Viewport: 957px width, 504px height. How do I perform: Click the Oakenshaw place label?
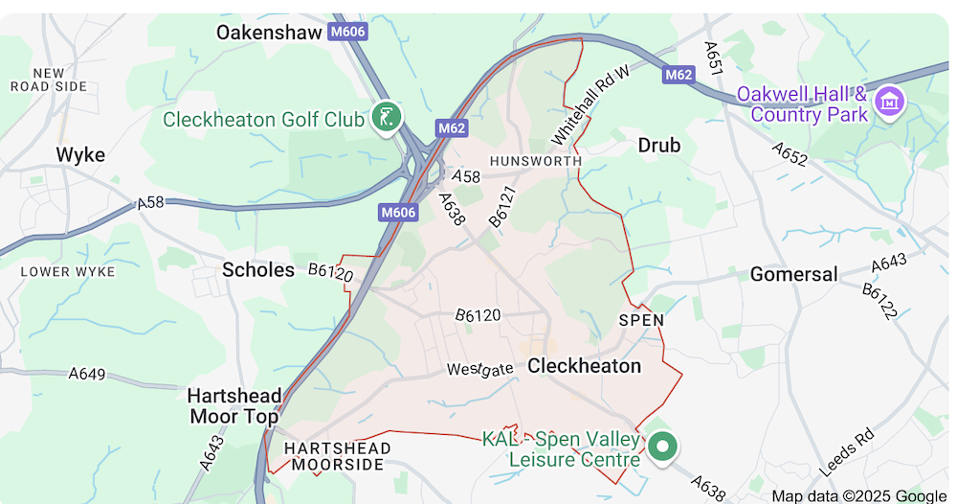[269, 33]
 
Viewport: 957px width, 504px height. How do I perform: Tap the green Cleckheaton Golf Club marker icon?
[387, 118]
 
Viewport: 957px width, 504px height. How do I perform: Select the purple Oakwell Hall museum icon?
[891, 99]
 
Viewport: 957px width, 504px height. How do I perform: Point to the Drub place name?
[658, 146]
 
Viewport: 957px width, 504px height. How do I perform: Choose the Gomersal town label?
[793, 275]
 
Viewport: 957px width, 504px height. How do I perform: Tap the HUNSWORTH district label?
[535, 161]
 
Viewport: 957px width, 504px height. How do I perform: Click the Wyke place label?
[80, 155]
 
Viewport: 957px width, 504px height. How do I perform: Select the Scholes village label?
[258, 270]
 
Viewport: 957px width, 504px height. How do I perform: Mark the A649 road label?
[87, 374]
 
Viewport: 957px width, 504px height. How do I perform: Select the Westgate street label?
[479, 369]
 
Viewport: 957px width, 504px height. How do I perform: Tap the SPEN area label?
[640, 320]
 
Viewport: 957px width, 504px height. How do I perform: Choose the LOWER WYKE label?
[68, 271]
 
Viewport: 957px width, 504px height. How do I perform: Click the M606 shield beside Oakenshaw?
[346, 33]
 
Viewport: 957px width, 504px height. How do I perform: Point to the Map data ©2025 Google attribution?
[858, 495]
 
